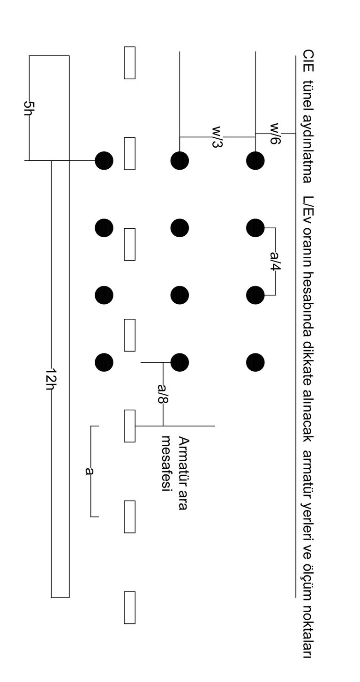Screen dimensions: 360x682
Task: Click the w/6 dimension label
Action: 275,134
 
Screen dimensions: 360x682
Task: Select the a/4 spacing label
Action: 276,261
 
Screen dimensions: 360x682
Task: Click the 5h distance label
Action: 29,109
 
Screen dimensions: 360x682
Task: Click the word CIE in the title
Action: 308,61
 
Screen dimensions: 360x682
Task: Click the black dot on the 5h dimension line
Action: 104,160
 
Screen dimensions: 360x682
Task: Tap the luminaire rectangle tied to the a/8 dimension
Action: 129,426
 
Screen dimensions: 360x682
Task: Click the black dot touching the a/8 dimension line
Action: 180,362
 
